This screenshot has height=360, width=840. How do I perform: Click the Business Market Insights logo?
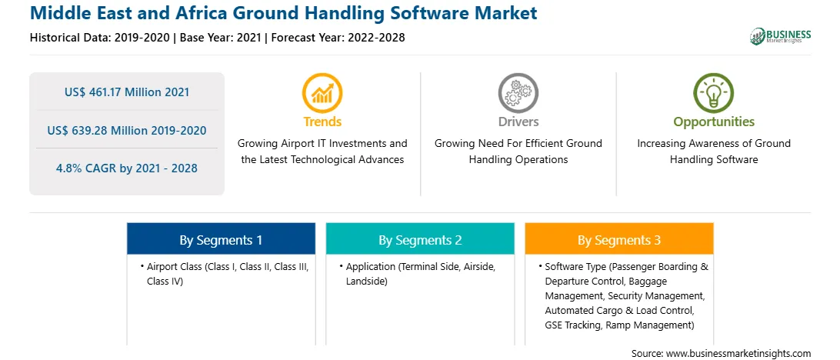(780, 36)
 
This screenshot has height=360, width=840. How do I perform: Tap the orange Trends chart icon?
(322, 93)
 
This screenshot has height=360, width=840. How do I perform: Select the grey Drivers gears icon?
(518, 93)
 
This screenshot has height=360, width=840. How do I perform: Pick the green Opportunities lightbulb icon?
(714, 93)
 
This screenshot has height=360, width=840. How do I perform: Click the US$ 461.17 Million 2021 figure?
(127, 92)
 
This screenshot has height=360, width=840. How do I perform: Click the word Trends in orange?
(322, 122)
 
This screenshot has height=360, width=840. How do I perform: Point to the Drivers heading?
(518, 122)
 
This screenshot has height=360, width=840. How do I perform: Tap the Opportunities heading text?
(714, 122)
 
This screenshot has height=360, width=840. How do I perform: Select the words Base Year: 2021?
(221, 38)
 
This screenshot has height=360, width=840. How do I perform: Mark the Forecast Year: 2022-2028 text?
(338, 38)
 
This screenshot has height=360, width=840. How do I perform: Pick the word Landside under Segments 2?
(366, 281)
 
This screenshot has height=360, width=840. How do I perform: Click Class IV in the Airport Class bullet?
(165, 281)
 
